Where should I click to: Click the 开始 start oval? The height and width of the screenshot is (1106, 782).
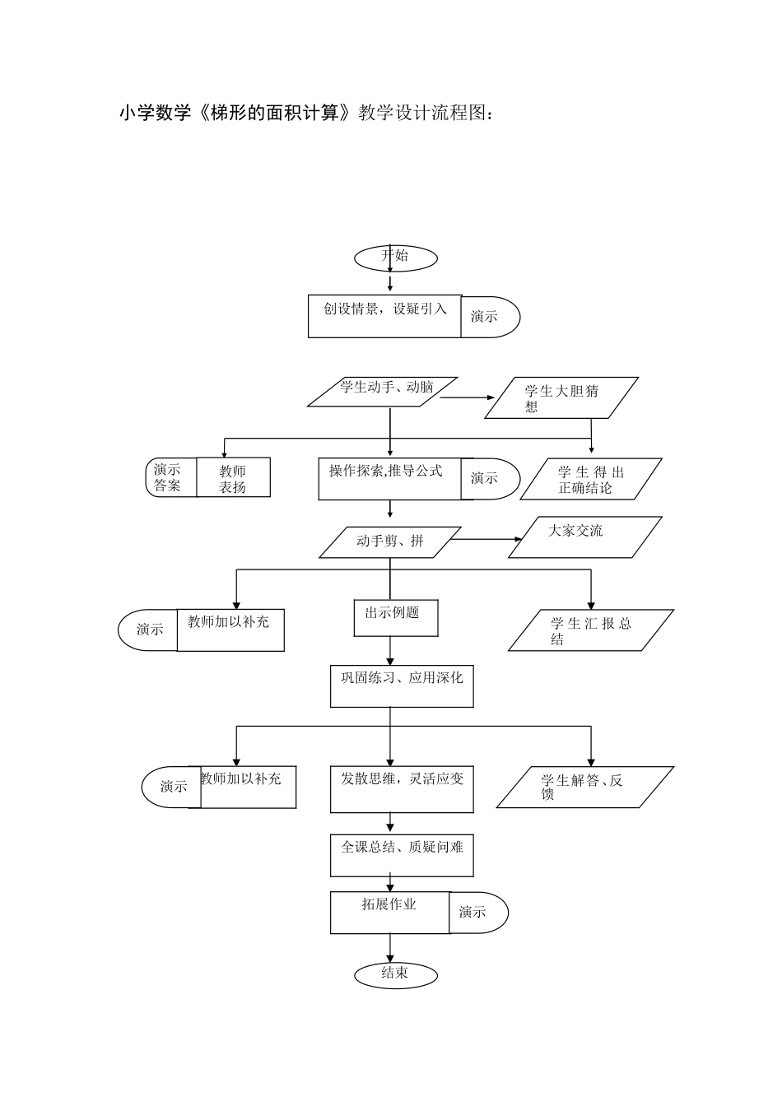click(x=396, y=258)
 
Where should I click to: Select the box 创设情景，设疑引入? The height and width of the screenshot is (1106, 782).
click(x=384, y=317)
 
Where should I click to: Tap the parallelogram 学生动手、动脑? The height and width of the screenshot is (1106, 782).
click(x=382, y=392)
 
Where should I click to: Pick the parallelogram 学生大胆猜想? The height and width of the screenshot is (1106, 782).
click(x=561, y=398)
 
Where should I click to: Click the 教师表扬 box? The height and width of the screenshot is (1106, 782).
click(x=233, y=477)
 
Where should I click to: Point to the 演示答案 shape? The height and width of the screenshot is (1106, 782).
click(x=171, y=477)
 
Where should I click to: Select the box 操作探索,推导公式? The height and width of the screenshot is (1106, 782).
click(x=390, y=479)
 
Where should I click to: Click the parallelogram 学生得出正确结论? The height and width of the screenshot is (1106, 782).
click(x=591, y=479)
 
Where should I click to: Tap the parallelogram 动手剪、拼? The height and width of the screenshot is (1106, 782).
click(x=390, y=542)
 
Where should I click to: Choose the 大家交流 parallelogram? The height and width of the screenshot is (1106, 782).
click(x=585, y=537)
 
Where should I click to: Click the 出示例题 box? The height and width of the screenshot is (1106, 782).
click(x=396, y=618)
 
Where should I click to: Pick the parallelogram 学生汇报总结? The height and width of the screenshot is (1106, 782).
click(x=591, y=630)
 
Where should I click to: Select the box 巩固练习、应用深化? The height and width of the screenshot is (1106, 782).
click(x=402, y=686)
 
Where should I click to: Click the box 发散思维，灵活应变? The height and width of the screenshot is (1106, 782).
click(x=402, y=789)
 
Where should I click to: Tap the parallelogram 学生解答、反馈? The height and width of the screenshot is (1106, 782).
click(x=585, y=787)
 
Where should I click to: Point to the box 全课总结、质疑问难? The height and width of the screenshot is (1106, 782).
click(x=402, y=856)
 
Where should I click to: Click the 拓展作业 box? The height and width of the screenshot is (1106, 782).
click(x=390, y=913)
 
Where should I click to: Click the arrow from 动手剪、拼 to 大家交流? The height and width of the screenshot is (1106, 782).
click(x=485, y=539)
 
